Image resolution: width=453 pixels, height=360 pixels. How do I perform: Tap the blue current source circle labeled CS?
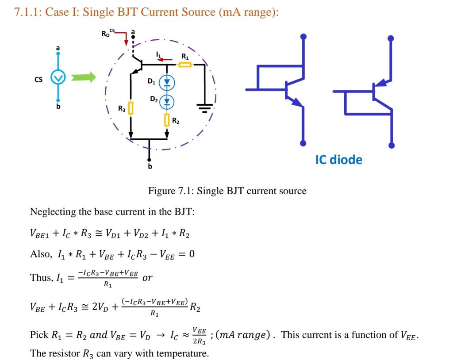58,78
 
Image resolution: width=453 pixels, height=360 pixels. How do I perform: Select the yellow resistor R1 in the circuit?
185,65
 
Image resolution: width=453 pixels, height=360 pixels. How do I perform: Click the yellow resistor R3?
131,107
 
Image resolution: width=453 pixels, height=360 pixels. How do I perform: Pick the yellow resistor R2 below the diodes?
167,119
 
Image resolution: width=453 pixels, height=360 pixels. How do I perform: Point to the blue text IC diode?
338,160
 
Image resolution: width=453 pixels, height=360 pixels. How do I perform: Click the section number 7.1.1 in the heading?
28,12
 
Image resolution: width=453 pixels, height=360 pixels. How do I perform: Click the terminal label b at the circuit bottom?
150,166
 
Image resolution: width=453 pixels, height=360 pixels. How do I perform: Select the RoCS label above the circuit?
108,33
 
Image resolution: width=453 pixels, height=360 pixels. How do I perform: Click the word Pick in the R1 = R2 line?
38,335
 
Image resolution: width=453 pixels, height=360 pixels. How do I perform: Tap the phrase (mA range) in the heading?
249,12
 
